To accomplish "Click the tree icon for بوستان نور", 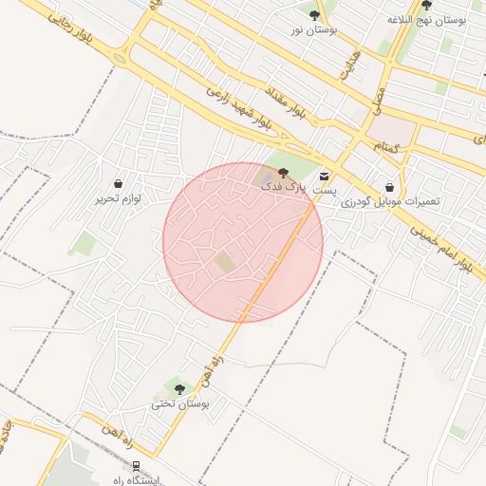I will click(x=314, y=14).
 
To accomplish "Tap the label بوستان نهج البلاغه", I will click(x=426, y=19).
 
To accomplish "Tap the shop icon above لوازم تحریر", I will click(x=118, y=183).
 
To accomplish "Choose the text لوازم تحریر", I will click(x=118, y=199).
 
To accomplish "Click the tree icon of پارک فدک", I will click(x=283, y=172).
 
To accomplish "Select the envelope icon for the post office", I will click(x=325, y=177).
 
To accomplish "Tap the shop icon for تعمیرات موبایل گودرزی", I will click(x=390, y=187).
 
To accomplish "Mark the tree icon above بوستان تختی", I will click(x=179, y=388).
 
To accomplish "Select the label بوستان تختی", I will click(x=179, y=404).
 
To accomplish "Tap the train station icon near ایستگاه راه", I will click(x=136, y=465).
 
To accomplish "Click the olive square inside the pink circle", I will click(x=224, y=262).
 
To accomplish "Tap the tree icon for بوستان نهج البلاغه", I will click(x=426, y=5).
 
